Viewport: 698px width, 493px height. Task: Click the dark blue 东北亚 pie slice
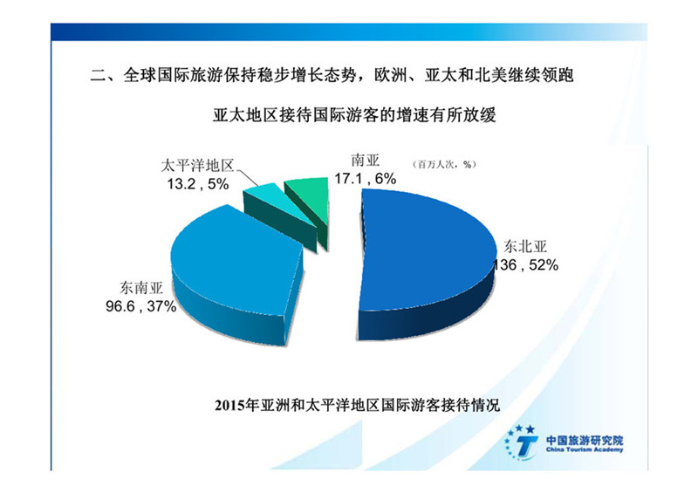[423, 258]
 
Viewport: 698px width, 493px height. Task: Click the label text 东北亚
[525, 246]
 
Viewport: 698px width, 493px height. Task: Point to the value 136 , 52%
[526, 265]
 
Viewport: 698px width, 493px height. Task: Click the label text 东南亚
[141, 288]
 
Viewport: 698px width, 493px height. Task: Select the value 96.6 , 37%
[140, 306]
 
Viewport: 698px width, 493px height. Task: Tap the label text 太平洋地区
[197, 166]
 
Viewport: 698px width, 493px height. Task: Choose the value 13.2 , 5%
[198, 184]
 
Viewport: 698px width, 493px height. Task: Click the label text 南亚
[365, 160]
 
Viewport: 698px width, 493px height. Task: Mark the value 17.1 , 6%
[365, 179]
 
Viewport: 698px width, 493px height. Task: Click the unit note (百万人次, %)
[445, 164]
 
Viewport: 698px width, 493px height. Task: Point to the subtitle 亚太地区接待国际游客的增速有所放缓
[354, 115]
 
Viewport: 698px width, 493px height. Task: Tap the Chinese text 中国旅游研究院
[585, 441]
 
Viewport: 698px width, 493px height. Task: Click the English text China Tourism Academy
[585, 449]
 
